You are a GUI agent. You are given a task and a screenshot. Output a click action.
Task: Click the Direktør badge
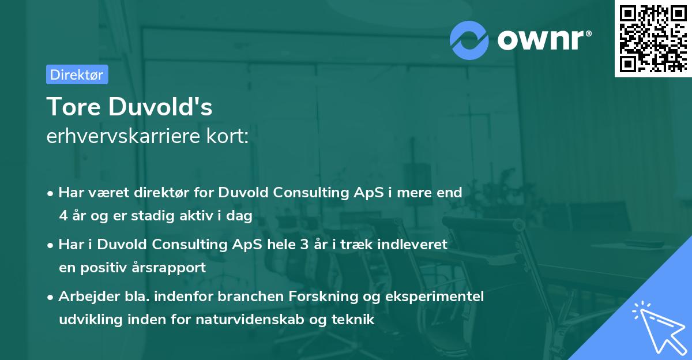[x=77, y=74]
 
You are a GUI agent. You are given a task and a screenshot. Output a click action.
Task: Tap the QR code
[x=652, y=39]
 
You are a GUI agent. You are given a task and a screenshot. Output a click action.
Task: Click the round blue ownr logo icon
[x=469, y=40]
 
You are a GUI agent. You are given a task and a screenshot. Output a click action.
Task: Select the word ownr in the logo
[x=543, y=40]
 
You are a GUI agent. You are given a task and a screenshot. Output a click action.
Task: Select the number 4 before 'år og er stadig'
[x=62, y=215]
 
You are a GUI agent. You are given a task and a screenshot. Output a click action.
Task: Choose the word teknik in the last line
[x=355, y=319]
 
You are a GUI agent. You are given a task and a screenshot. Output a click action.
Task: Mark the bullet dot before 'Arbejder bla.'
[x=51, y=297]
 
